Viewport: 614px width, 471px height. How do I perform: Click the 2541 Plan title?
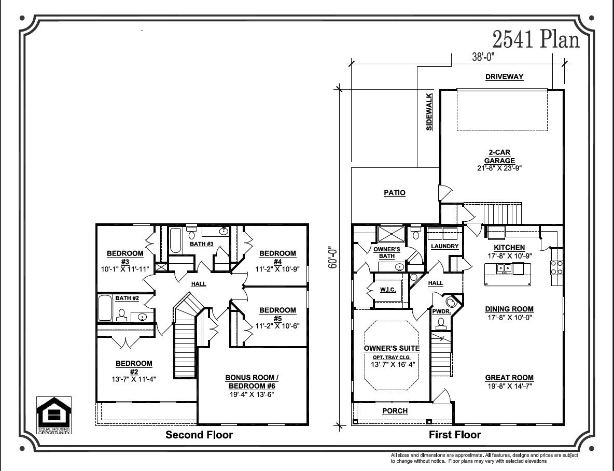(x=536, y=39)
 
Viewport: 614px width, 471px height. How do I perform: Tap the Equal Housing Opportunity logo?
(x=53, y=415)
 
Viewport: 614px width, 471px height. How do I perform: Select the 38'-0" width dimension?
(x=483, y=57)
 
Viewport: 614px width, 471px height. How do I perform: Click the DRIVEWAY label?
(x=505, y=77)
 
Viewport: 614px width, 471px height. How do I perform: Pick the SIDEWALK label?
(x=429, y=111)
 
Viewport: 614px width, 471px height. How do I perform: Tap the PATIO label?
(x=394, y=192)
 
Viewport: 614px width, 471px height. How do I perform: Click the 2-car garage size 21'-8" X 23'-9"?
(x=499, y=168)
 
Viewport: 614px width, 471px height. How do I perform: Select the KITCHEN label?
(x=509, y=247)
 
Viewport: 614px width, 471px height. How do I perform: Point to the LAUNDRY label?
(x=444, y=246)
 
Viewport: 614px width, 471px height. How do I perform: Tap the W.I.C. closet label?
(x=388, y=290)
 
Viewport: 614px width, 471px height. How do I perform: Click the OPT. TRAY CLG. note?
(x=392, y=357)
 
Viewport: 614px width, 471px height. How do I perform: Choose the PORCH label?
(x=395, y=411)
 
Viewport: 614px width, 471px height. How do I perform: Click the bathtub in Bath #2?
(x=105, y=308)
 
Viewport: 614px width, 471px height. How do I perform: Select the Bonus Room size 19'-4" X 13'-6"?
(x=252, y=394)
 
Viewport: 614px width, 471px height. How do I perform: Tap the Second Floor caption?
(x=199, y=435)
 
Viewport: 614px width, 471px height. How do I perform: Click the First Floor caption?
(x=455, y=435)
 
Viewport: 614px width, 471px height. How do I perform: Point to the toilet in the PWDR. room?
(x=441, y=323)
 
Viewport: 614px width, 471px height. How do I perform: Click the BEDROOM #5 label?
(x=277, y=314)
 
